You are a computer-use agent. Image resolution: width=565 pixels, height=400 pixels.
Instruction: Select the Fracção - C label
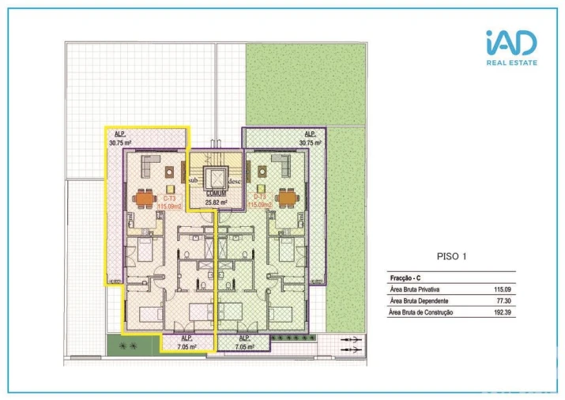coord(408,278)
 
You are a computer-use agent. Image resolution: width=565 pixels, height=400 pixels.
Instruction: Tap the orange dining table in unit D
coord(287,197)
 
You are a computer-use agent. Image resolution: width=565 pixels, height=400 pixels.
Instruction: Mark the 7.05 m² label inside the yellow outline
coord(187,345)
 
